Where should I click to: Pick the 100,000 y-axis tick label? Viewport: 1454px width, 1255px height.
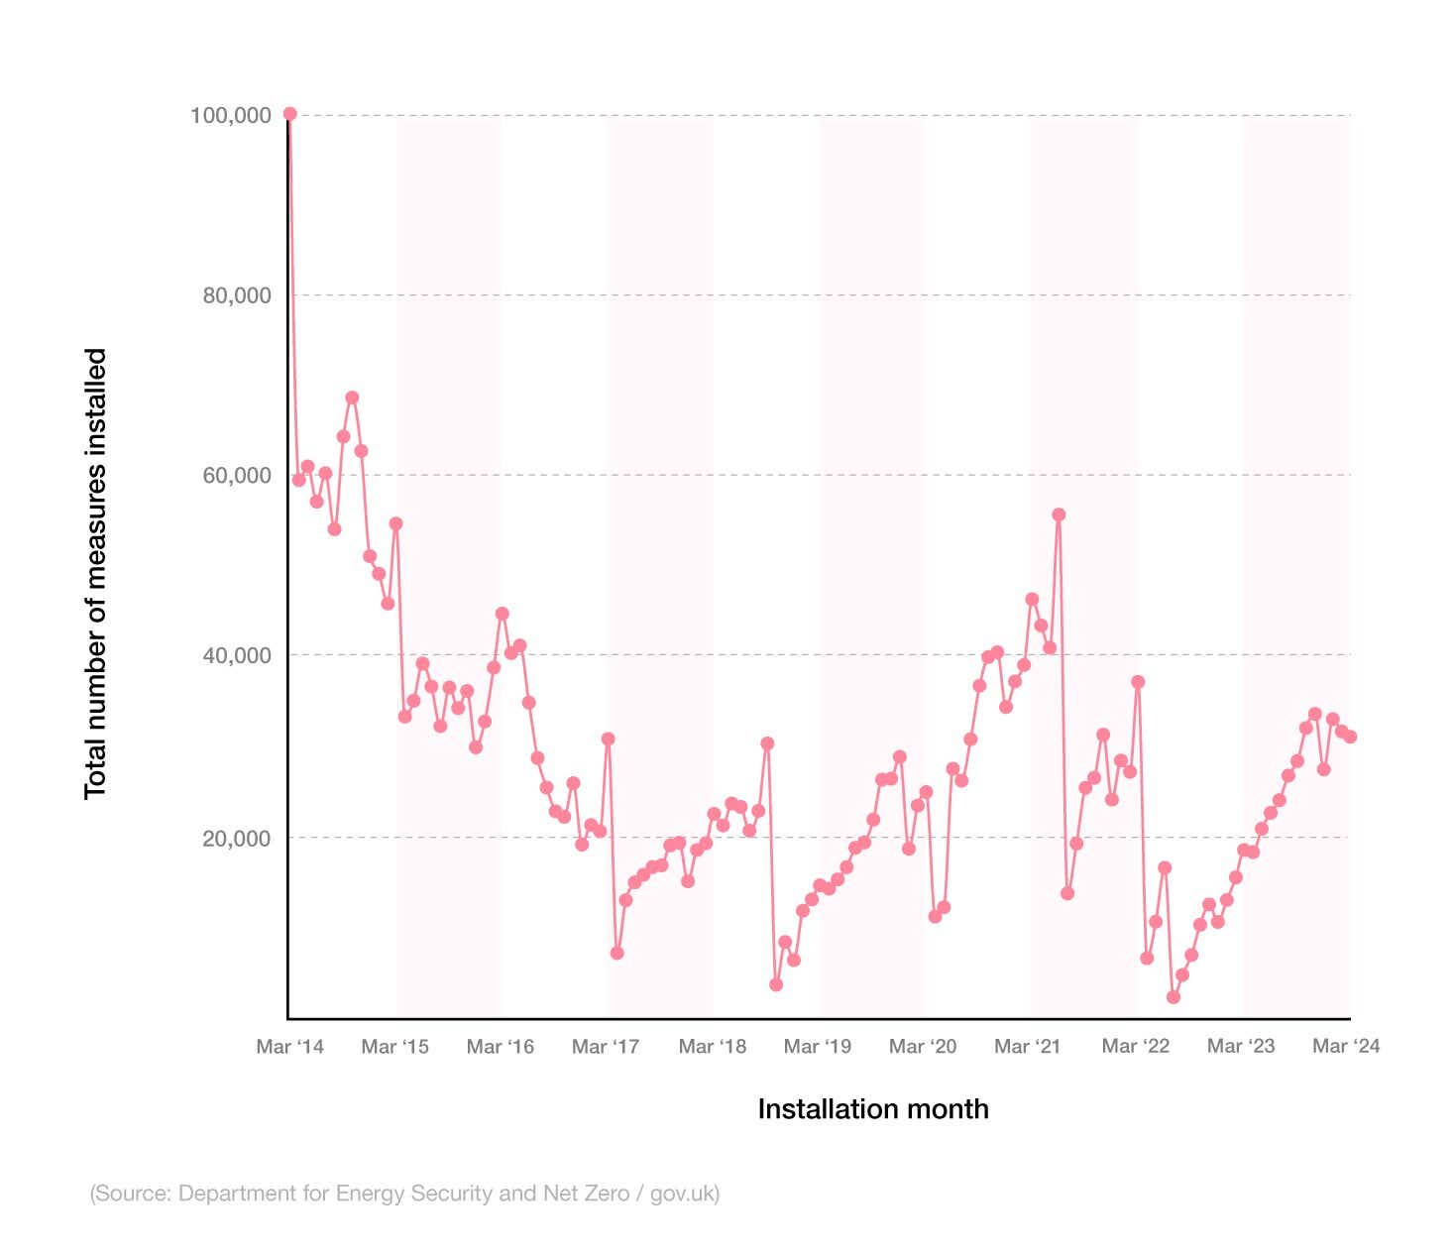click(x=230, y=115)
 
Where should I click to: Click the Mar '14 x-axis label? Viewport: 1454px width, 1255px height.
click(x=289, y=1046)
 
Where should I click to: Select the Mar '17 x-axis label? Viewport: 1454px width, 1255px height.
click(x=606, y=1046)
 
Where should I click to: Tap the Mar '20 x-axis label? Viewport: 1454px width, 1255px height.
click(x=923, y=1046)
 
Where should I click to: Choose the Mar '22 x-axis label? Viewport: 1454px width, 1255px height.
click(x=1136, y=1046)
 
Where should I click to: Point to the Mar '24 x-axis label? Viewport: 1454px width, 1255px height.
click(x=1346, y=1046)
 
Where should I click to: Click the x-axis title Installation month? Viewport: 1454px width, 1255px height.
click(x=872, y=1108)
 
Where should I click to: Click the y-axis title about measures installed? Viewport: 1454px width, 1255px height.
click(x=95, y=573)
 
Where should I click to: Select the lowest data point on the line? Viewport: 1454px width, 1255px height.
click(x=1174, y=997)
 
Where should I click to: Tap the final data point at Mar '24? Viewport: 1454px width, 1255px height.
click(x=1350, y=737)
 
